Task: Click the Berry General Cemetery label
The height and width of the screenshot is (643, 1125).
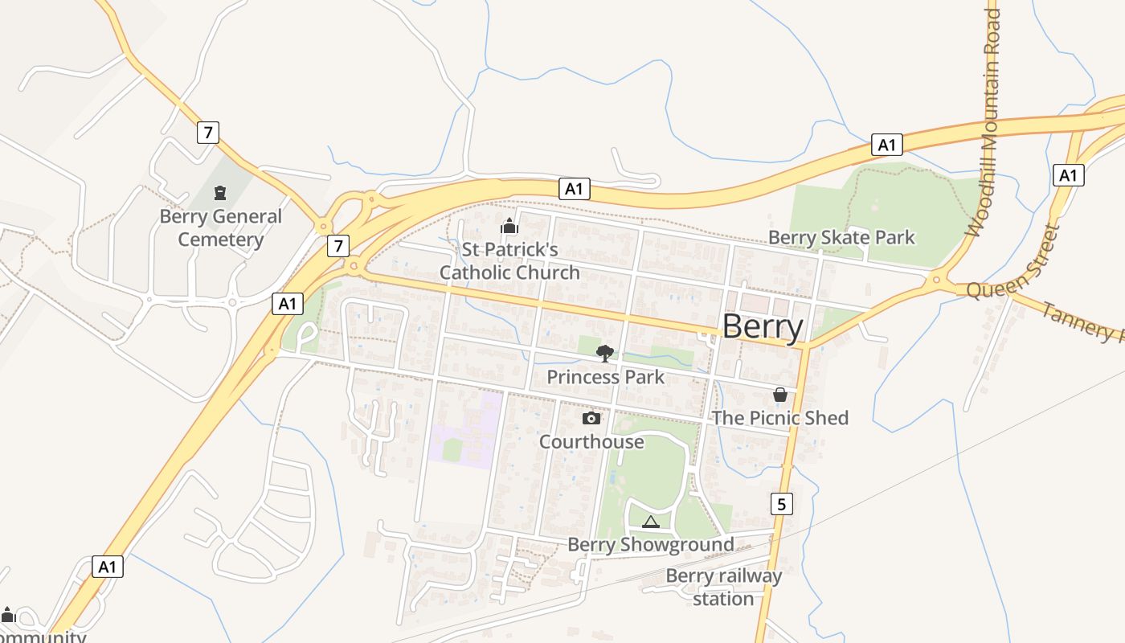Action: [220, 228]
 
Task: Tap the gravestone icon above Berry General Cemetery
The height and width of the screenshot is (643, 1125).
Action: [219, 192]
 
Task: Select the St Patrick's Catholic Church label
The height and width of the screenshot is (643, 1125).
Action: [509, 261]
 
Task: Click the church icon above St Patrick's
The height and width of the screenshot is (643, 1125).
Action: [509, 227]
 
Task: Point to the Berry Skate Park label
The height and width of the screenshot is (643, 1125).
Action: [841, 237]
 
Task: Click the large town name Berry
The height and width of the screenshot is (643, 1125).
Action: [762, 327]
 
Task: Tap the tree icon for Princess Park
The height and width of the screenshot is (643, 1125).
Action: [605, 353]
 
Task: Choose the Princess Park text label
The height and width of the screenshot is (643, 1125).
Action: [605, 377]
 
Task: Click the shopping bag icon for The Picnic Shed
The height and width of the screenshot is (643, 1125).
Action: [779, 395]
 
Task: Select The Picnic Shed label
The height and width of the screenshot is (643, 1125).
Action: [779, 418]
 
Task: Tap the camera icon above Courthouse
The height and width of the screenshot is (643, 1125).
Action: [591, 419]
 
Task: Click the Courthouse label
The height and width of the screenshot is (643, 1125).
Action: [591, 442]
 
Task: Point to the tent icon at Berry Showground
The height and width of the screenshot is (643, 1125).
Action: [650, 522]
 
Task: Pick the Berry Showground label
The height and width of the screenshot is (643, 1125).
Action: [650, 545]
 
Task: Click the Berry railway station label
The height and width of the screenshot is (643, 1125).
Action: [723, 588]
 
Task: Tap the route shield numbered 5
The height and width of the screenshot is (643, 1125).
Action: [781, 504]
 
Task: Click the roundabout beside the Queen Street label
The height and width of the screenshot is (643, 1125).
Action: [936, 281]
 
